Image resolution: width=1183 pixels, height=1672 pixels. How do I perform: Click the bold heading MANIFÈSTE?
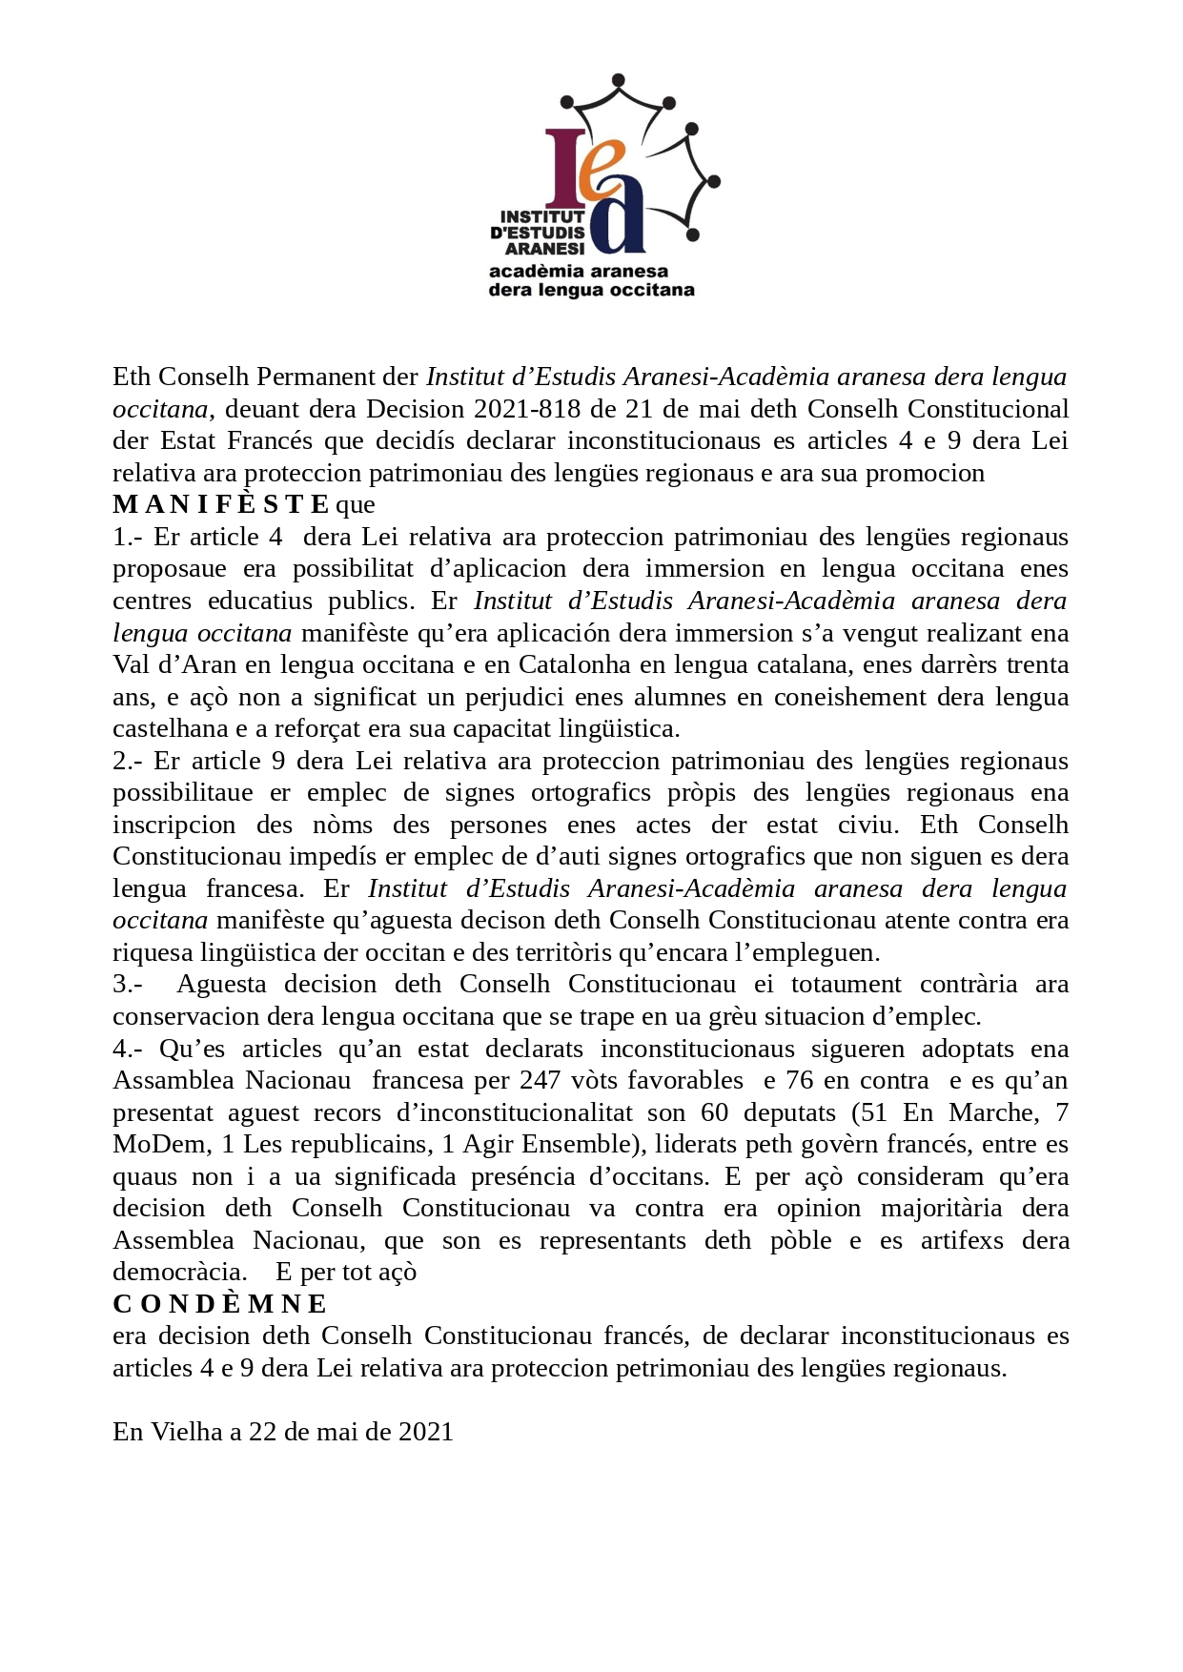[220, 504]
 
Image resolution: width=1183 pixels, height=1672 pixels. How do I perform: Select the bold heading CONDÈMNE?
[219, 1303]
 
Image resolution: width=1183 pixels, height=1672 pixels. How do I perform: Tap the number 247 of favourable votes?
[540, 1080]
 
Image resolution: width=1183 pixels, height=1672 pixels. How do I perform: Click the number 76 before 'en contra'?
[801, 1080]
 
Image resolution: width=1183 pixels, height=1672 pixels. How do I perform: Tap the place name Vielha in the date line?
[187, 1432]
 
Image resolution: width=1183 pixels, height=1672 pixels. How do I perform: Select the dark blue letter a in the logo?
[619, 221]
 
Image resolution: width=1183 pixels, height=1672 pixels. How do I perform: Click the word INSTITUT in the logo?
[542, 216]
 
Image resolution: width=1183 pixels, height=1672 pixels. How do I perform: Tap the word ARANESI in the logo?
[544, 248]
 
